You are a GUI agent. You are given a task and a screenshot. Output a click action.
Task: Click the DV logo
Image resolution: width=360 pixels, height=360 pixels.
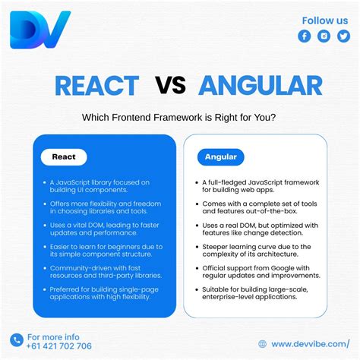point(39,30)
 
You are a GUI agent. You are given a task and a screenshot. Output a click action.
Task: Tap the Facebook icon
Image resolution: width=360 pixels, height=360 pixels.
point(305,36)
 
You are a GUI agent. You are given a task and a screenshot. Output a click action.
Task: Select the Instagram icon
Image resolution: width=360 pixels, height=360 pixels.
point(324,36)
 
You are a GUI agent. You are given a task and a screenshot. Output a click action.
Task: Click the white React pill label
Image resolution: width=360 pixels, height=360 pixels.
point(64,157)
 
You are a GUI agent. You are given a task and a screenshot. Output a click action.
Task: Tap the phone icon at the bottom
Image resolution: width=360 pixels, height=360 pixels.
point(17,339)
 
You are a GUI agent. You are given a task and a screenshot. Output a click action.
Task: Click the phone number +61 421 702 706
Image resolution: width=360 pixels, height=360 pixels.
point(59,346)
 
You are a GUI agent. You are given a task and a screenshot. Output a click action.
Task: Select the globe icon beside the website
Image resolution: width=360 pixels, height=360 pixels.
point(264,343)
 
